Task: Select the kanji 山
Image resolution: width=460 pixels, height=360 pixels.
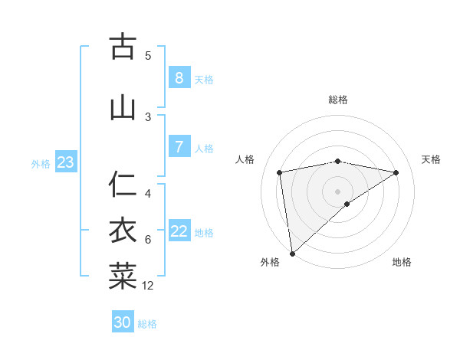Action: pyautogui.click(x=123, y=108)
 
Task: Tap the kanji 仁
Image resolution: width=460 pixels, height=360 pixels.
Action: pyautogui.click(x=123, y=185)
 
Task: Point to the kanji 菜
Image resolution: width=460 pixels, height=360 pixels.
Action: pyautogui.click(x=123, y=277)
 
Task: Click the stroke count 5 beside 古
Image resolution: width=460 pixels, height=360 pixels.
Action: pyautogui.click(x=148, y=55)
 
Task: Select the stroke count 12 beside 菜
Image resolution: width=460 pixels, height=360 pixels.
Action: pyautogui.click(x=148, y=286)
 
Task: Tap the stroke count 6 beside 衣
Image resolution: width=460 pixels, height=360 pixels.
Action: pyautogui.click(x=148, y=240)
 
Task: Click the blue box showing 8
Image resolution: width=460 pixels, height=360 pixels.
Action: pyautogui.click(x=179, y=77)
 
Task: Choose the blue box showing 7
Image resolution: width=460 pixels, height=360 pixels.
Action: pyautogui.click(x=179, y=147)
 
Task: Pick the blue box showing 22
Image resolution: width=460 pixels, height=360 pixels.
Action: pyautogui.click(x=179, y=231)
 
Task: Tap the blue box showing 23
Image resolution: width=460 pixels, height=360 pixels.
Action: pyautogui.click(x=65, y=162)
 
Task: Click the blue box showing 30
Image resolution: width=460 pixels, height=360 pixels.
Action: pyautogui.click(x=122, y=322)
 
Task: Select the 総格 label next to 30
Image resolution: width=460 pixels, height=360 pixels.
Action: pyautogui.click(x=147, y=324)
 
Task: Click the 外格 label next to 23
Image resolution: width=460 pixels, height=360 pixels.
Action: pyautogui.click(x=41, y=164)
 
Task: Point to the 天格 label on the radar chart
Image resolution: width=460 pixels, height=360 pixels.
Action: pyautogui.click(x=431, y=159)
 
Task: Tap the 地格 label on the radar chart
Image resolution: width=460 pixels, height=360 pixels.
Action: pyautogui.click(x=402, y=262)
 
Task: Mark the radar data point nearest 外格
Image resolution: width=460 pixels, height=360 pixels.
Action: pyautogui.click(x=291, y=253)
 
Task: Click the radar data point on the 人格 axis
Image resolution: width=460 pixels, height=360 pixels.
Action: pyautogui.click(x=280, y=172)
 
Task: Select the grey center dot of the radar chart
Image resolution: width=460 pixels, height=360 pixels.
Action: pyautogui.click(x=337, y=190)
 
